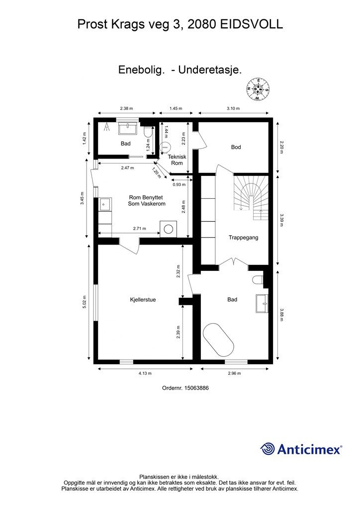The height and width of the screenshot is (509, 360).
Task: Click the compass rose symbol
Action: click(258, 89)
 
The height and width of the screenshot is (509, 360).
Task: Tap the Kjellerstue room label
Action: click(143, 300)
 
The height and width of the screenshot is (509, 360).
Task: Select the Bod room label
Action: click(236, 147)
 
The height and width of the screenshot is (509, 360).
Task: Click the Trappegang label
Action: click(244, 237)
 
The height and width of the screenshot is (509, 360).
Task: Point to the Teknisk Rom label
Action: click(177, 160)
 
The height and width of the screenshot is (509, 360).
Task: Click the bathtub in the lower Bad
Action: click(218, 339)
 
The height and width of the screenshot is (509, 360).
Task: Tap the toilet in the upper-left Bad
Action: click(148, 132)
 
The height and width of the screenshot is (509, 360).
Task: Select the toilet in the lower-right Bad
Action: click(259, 280)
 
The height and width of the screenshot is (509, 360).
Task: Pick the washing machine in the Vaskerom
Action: click(169, 229)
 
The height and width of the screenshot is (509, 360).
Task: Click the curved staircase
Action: click(251, 197)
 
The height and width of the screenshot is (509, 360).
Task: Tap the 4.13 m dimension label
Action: click(145, 373)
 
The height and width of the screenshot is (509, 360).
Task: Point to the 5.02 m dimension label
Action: click(85, 302)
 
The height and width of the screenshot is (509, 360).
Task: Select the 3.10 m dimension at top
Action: click(233, 108)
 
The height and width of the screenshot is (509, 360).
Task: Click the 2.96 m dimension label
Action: click(234, 373)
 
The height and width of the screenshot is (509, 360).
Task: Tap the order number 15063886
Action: click(196, 388)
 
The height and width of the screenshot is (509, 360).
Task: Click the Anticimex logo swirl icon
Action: click(268, 449)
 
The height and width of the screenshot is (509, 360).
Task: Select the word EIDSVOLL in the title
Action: click(252, 24)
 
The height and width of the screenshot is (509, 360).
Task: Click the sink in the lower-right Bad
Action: click(262, 304)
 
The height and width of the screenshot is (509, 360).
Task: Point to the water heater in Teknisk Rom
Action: click(165, 147)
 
